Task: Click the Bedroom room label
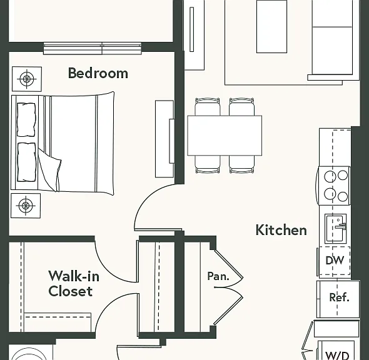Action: pyautogui.click(x=98, y=73)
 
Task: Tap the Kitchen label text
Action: pyautogui.click(x=281, y=230)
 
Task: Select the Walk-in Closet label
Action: pyautogui.click(x=74, y=283)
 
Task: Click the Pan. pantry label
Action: pyautogui.click(x=218, y=276)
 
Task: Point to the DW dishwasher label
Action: pyautogui.click(x=335, y=260)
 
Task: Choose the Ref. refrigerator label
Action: pyautogui.click(x=339, y=297)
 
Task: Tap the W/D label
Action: pyautogui.click(x=336, y=355)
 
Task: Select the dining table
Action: pyautogui.click(x=225, y=136)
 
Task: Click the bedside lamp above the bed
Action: pyautogui.click(x=27, y=79)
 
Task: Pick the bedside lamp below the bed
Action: pyautogui.click(x=26, y=206)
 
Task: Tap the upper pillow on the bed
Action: pyautogui.click(x=26, y=119)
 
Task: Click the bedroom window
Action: pyautogui.click(x=93, y=49)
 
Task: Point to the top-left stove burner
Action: pyautogui.click(x=330, y=176)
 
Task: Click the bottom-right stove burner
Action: pyautogui.click(x=343, y=196)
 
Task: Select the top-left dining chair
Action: pyautogui.click(x=208, y=107)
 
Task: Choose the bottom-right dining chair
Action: pyautogui.click(x=241, y=164)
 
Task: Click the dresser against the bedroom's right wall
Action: pyautogui.click(x=164, y=139)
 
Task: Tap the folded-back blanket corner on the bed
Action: pyautogui.click(x=49, y=171)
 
